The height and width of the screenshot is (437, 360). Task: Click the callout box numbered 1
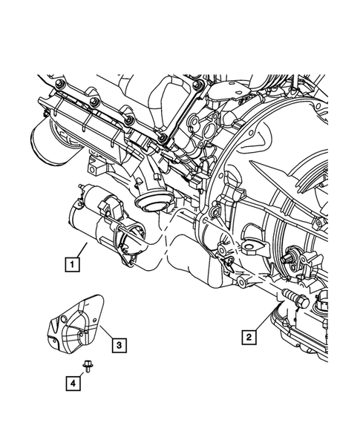tap(72, 263)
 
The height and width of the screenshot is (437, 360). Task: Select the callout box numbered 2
tap(249, 338)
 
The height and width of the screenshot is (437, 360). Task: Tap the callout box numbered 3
tap(119, 345)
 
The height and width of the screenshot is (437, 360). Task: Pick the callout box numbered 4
tap(73, 384)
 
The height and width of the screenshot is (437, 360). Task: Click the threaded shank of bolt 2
tap(289, 295)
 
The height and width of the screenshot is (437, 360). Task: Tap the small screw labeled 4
tap(87, 365)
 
